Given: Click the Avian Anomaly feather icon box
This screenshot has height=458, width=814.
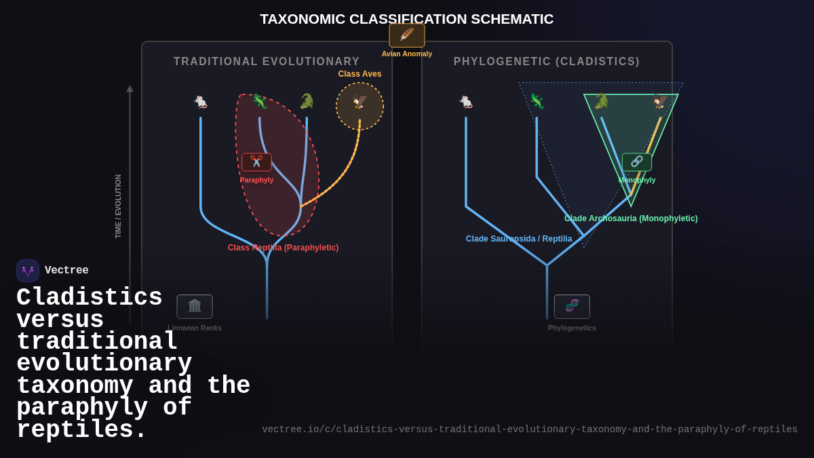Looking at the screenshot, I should [x=407, y=35].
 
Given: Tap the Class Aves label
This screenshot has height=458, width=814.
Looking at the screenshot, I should [x=360, y=74].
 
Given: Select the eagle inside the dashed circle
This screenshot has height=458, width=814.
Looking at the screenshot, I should [x=360, y=102].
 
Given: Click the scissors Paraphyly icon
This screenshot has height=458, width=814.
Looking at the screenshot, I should [x=256, y=161].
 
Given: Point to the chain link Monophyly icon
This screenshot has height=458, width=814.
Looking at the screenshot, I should [x=636, y=161].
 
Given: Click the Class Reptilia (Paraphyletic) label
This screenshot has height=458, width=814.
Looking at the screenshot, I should [x=283, y=248].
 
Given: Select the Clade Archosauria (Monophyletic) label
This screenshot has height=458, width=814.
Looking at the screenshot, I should [x=631, y=218].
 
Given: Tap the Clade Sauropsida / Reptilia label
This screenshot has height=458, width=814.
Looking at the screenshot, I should [x=519, y=239].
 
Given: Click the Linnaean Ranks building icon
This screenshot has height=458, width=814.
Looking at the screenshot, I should [x=195, y=306].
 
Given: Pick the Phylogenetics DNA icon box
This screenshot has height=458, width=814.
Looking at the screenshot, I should [x=572, y=306].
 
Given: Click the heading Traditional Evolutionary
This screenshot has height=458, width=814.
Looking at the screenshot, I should [x=267, y=62].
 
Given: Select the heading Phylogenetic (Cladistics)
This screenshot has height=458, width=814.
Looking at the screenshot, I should [x=547, y=62].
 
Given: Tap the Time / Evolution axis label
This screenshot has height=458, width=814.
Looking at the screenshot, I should [x=118, y=206].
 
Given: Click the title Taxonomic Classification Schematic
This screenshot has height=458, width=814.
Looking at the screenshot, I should [x=407, y=19].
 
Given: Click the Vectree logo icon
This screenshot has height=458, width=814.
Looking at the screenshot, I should [x=28, y=271].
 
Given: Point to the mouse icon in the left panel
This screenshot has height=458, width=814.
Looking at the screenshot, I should [x=201, y=102].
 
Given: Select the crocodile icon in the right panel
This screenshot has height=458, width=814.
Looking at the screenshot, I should [x=601, y=102].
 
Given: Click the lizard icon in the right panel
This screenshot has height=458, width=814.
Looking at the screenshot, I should [x=537, y=102].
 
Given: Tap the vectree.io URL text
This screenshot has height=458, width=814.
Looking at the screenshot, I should [x=530, y=430].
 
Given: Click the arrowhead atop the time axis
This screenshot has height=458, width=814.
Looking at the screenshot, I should [x=130, y=89].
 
